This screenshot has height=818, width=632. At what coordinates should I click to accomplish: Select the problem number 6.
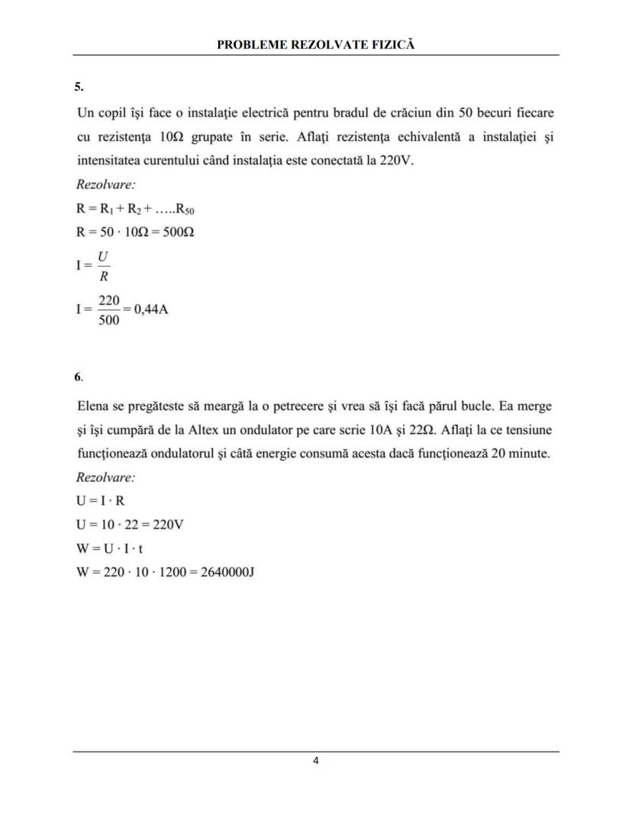78,377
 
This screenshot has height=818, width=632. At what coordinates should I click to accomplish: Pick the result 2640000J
226,571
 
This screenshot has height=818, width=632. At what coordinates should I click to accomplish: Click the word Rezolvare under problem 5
105,185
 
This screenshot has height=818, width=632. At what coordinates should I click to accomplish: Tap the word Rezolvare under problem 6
105,478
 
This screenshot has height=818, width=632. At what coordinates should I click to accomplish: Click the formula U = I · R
101,502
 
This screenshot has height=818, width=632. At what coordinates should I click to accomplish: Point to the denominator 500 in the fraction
109,321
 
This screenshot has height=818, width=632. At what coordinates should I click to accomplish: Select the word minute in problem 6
529,453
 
